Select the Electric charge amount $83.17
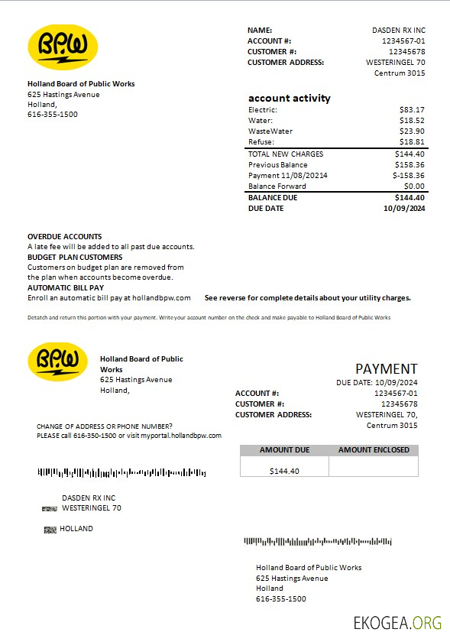[x=412, y=110]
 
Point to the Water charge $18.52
[x=412, y=121]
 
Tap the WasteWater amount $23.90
[x=412, y=131]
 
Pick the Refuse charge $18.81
[x=412, y=142]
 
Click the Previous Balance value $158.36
[x=410, y=165]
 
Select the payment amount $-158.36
[x=408, y=176]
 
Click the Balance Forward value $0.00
[x=414, y=186]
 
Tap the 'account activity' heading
[x=289, y=98]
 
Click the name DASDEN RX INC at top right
[x=399, y=31]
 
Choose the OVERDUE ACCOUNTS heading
[x=64, y=237]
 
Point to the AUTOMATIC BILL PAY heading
[x=66, y=287]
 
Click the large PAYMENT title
[x=387, y=369]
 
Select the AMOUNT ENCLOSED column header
[x=374, y=450]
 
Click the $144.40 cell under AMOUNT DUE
[x=284, y=471]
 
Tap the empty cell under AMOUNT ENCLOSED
[x=374, y=466]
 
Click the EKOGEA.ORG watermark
[x=397, y=622]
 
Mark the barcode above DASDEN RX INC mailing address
[x=121, y=473]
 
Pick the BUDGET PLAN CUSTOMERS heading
[x=75, y=258]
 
